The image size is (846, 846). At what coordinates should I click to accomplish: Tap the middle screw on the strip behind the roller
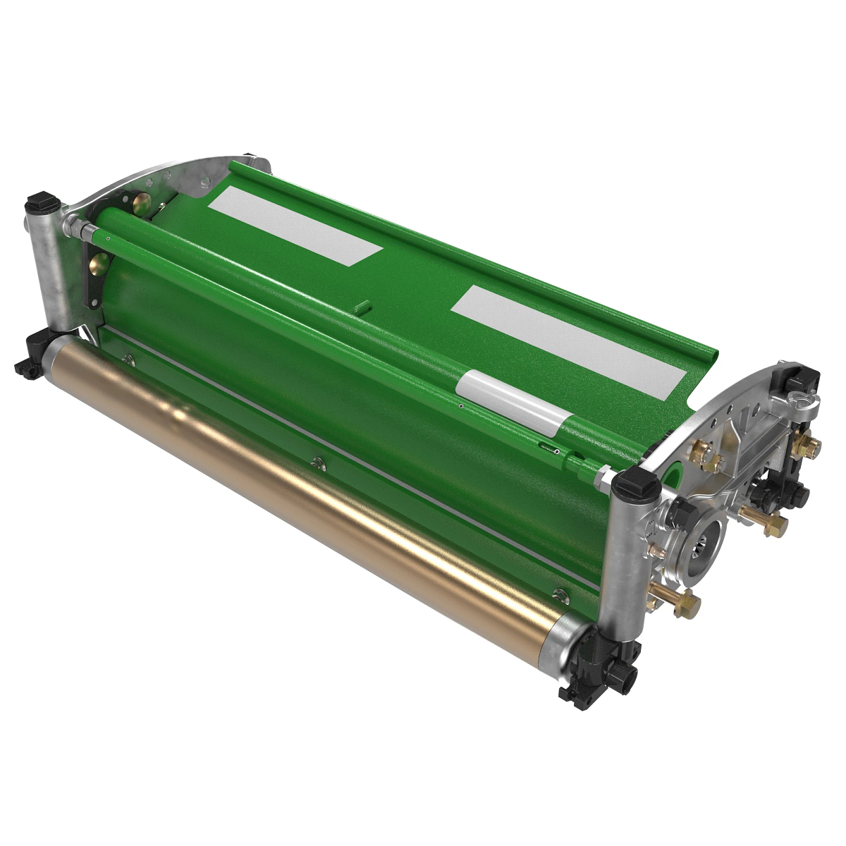point(317,462)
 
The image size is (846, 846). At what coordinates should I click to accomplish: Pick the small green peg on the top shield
point(362,307)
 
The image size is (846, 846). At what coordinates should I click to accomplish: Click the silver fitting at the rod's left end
point(78,227)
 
